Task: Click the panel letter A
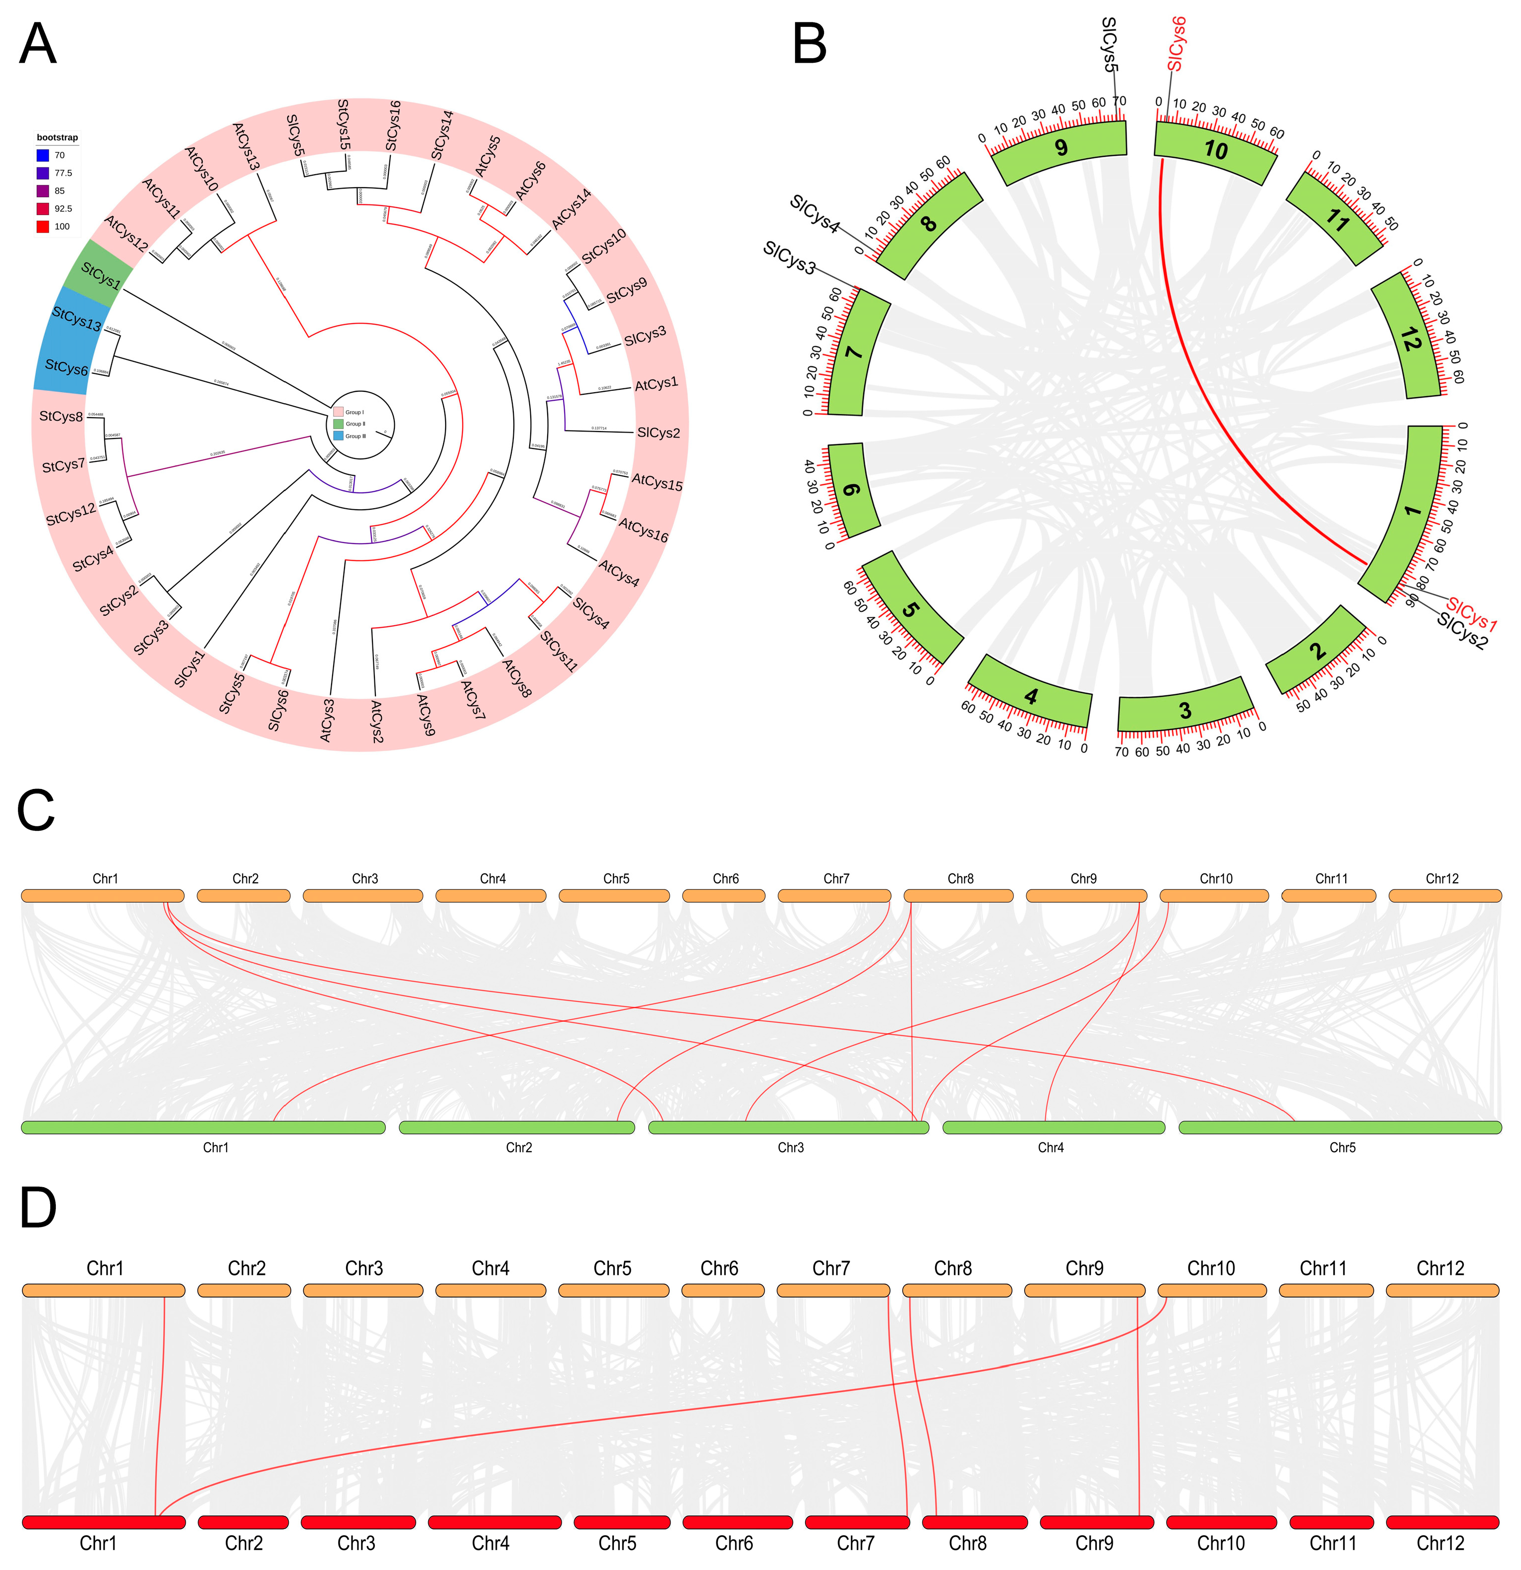click(x=38, y=46)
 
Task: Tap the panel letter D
click(x=38, y=1230)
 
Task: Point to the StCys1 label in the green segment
click(x=100, y=277)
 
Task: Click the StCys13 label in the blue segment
click(x=76, y=319)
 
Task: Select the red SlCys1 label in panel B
click(x=1471, y=614)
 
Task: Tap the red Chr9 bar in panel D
click(x=1096, y=1522)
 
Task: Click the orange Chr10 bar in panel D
click(x=1212, y=1290)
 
